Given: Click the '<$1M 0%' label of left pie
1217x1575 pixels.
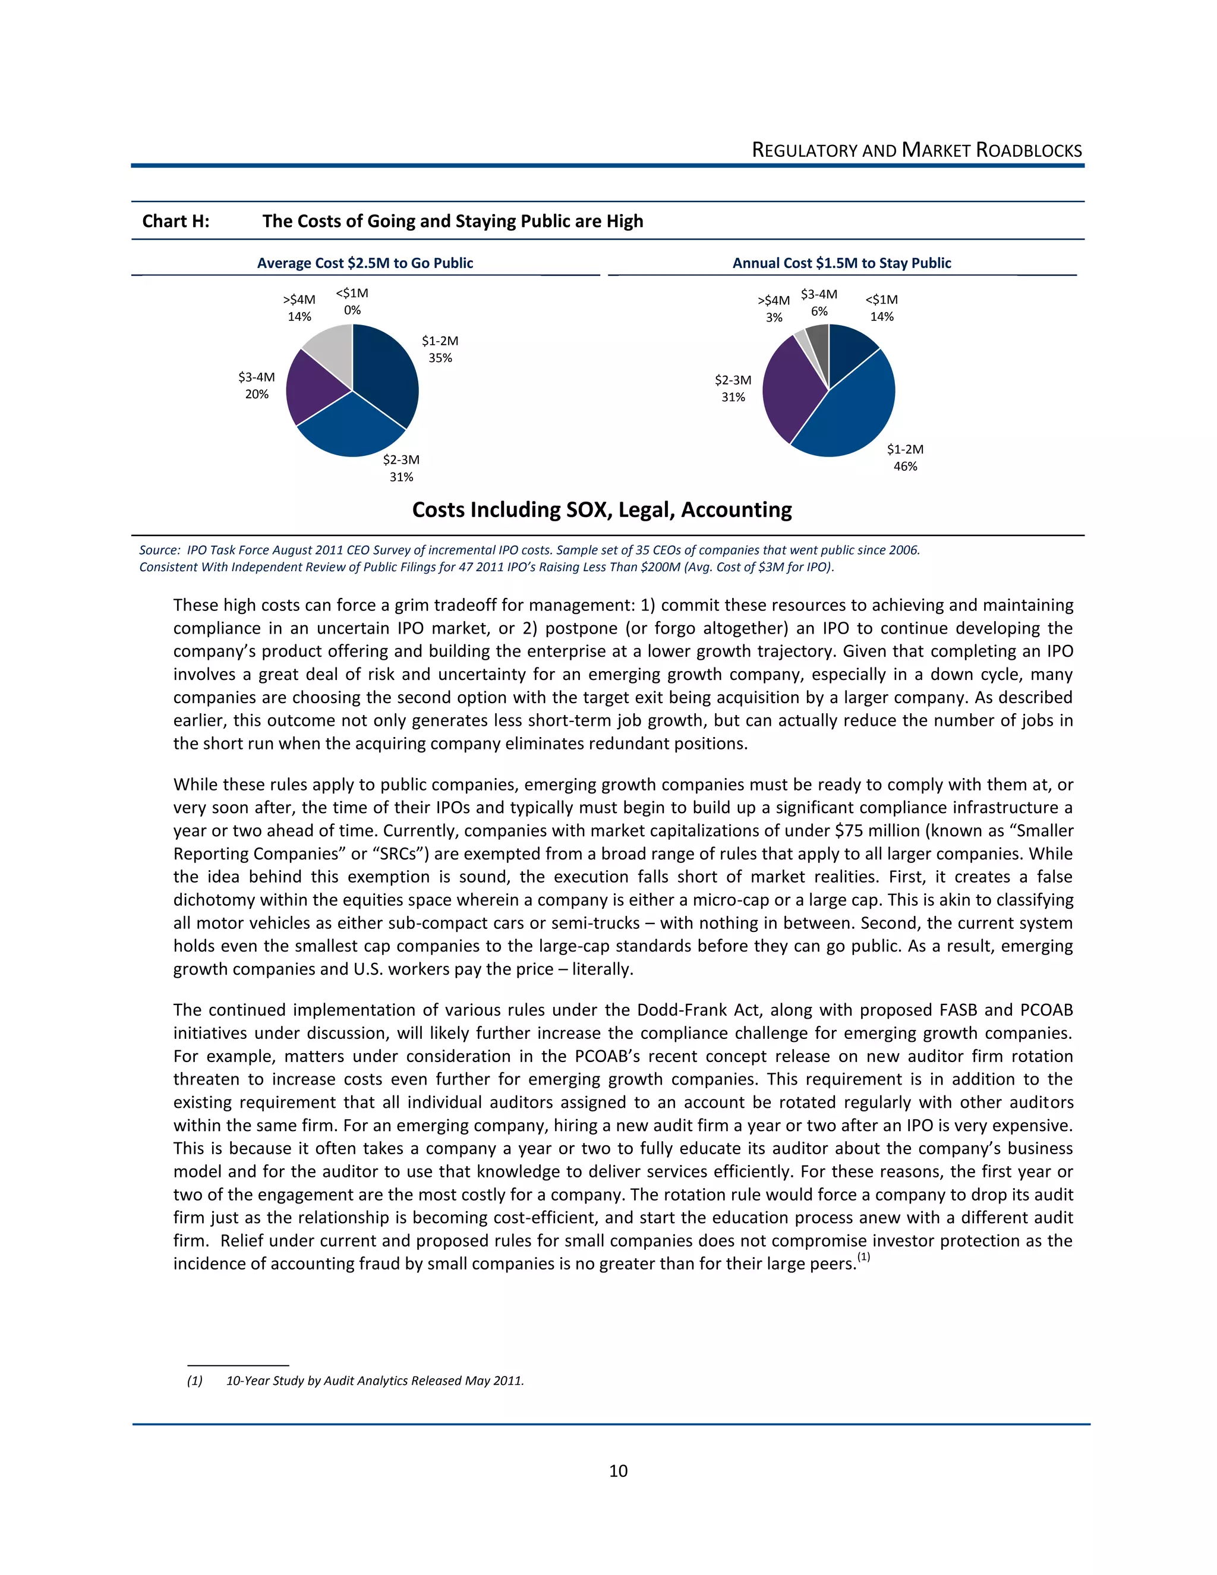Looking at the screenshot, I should (x=352, y=301).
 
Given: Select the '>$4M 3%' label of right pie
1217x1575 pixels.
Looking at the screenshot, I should (x=774, y=308).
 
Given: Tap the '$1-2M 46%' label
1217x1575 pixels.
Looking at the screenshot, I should (x=905, y=457).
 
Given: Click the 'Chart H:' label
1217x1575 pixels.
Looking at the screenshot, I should (x=176, y=222).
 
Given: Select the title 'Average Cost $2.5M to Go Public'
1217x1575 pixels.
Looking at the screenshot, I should (x=365, y=263).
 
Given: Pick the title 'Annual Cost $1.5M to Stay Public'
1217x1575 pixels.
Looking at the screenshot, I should (x=841, y=263).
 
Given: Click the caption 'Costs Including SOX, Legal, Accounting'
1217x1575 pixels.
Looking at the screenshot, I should (x=601, y=510).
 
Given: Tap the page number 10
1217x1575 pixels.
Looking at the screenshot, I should (x=618, y=1470).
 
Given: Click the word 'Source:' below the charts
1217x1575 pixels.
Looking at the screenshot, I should (x=159, y=550).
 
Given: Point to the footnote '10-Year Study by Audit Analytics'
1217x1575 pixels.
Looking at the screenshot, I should (x=375, y=1380).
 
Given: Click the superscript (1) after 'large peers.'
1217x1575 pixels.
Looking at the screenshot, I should (x=863, y=1258).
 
